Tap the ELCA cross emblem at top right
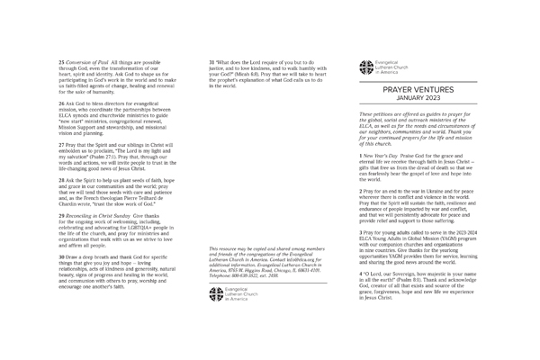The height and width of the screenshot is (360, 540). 365,65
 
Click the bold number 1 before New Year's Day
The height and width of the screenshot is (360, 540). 361,156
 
